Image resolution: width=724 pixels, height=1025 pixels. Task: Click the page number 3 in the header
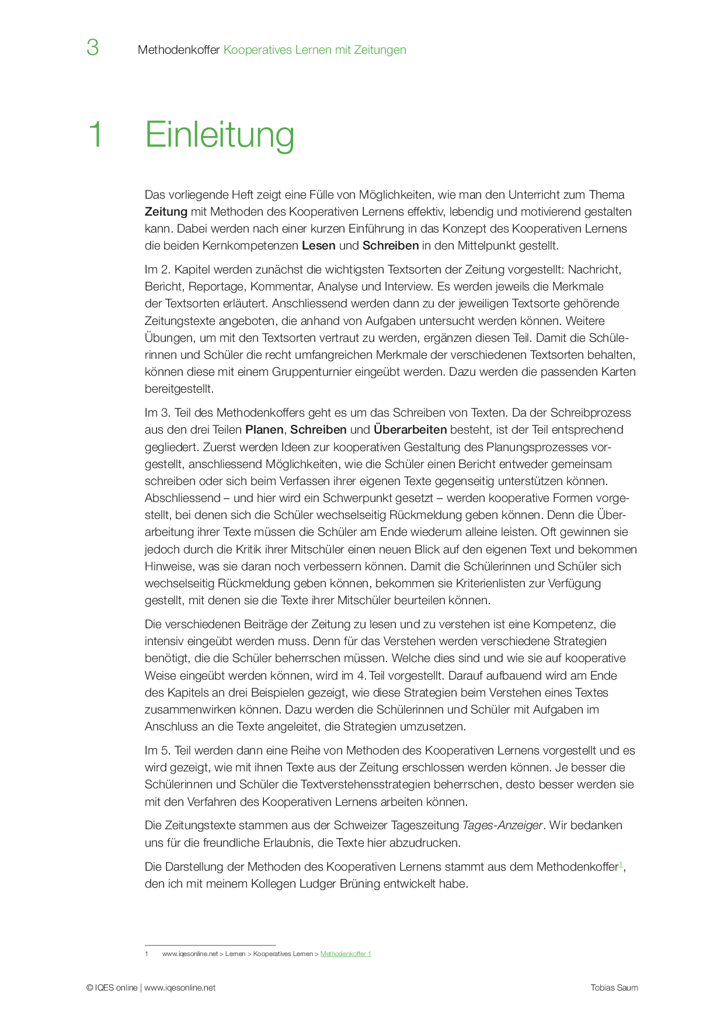point(92,47)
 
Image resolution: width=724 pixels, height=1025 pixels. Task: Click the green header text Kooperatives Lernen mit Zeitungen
point(315,50)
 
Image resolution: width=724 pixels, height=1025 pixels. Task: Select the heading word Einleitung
point(220,135)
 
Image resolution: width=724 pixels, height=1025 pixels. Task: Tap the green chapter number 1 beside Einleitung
point(95,135)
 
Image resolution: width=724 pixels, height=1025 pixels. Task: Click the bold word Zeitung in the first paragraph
point(166,212)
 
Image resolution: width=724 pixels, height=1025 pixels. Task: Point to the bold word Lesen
point(318,245)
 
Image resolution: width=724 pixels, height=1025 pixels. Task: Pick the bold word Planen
point(264,430)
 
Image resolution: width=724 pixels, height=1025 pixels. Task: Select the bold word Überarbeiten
point(410,430)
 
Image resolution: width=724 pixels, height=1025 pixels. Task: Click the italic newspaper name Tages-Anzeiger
point(502,825)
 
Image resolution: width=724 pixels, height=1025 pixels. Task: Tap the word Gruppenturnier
point(309,372)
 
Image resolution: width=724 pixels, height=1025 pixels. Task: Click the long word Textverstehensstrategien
point(386,784)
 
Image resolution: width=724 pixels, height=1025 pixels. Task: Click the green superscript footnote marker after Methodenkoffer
point(621,864)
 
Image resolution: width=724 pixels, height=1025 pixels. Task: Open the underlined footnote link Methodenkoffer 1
point(346,954)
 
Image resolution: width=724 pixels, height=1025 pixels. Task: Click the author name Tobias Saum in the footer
point(614,988)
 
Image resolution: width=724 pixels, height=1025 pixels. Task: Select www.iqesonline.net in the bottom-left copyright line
point(180,988)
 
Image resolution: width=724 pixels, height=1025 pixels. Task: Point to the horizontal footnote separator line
point(210,945)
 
